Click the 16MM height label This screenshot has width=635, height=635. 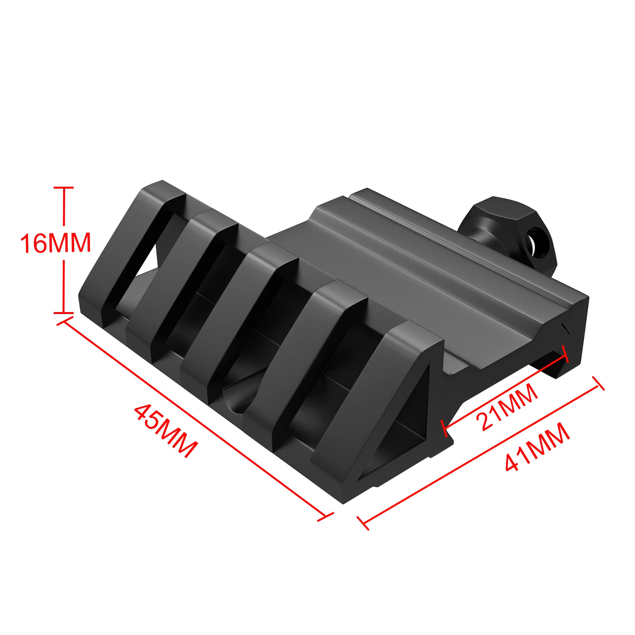coord(55,243)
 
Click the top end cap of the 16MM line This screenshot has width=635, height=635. coord(63,188)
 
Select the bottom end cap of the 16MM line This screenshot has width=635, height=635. coord(63,312)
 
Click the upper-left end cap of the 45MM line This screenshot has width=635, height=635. coord(65,321)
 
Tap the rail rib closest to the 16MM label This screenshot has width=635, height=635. coord(131,243)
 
